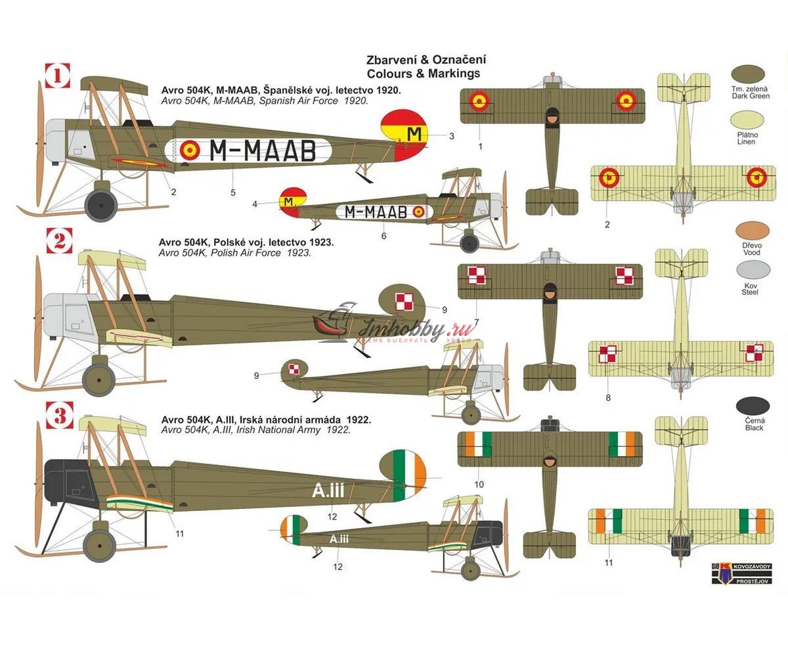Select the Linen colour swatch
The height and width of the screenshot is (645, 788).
coord(750,122)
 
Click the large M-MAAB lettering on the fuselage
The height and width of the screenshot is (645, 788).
coord(262,151)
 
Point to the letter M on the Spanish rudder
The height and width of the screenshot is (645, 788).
coord(414,133)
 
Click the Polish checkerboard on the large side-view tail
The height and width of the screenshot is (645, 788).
coord(406,301)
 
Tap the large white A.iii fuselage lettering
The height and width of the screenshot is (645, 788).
coord(328,489)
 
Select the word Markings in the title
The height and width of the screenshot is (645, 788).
coord(452,74)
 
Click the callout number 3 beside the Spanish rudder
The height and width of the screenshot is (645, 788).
coord(452,137)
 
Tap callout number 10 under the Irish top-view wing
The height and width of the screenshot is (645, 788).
coord(479,484)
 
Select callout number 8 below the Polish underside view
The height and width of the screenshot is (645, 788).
coord(607,397)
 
